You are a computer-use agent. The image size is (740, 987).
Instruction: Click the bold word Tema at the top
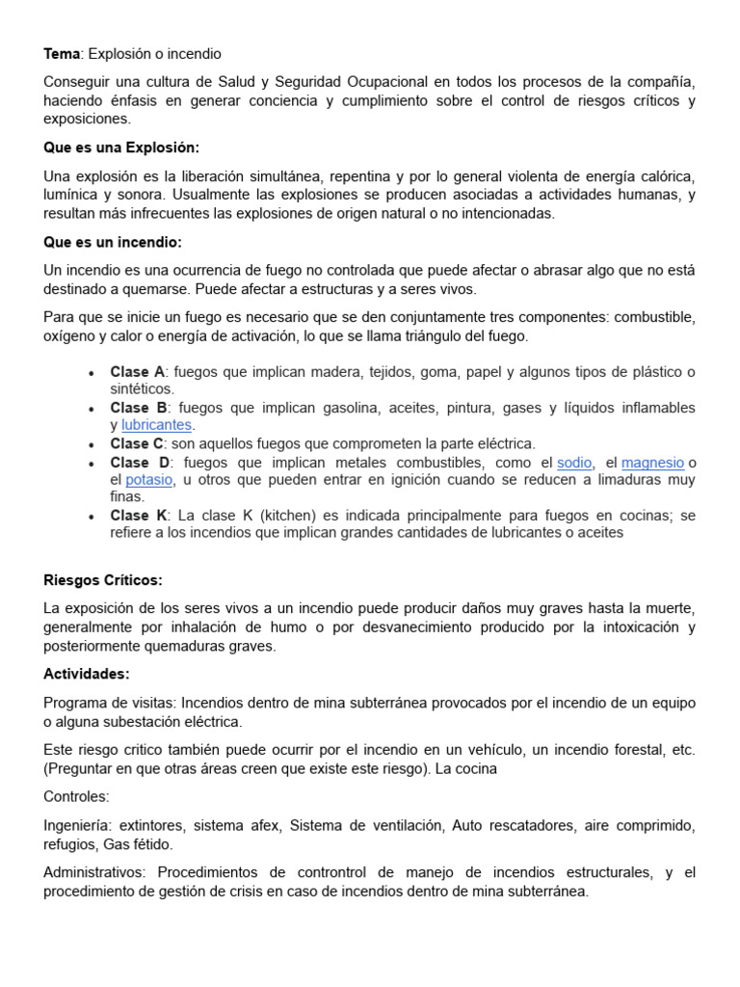[x=61, y=54]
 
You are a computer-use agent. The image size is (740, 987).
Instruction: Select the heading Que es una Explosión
[x=121, y=147]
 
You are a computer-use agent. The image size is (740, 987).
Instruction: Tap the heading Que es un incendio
[x=113, y=242]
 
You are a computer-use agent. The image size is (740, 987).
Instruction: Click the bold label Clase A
[x=137, y=372]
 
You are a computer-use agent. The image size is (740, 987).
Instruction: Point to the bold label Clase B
[x=139, y=408]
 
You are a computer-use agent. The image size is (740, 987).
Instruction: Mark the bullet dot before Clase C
[x=91, y=444]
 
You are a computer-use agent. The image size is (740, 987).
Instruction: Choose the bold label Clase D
[x=139, y=463]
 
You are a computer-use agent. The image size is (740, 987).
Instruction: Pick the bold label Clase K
[x=139, y=516]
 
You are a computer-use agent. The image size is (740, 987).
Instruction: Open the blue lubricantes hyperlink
[x=157, y=425]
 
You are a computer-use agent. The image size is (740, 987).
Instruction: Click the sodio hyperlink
[x=575, y=463]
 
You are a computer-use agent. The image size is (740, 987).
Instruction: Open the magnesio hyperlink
[x=652, y=463]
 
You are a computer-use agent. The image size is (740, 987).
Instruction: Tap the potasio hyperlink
[x=149, y=480]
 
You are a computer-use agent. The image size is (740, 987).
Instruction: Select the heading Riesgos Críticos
[x=103, y=580]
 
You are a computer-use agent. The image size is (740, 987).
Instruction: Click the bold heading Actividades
[x=87, y=674]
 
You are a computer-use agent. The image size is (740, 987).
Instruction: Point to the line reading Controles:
[x=76, y=797]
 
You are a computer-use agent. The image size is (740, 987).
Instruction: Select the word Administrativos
[x=94, y=873]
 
